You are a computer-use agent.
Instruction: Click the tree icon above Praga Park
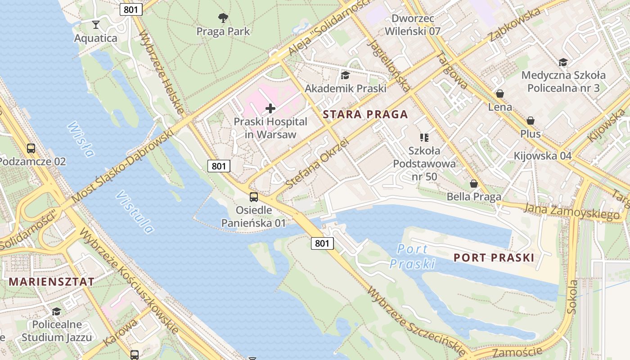click(x=223, y=18)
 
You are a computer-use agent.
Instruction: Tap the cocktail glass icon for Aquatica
click(x=95, y=24)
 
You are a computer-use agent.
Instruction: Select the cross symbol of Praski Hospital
click(x=270, y=108)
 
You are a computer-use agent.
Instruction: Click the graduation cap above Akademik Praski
click(x=345, y=75)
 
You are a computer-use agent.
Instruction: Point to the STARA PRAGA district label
click(x=365, y=114)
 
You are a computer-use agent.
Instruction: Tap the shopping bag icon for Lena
click(x=499, y=94)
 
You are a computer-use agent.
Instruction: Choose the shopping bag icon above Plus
click(x=531, y=121)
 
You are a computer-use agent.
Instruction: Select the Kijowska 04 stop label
click(x=543, y=156)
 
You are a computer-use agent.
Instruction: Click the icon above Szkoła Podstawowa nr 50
click(x=424, y=137)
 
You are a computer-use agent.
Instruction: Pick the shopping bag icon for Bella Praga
click(x=474, y=184)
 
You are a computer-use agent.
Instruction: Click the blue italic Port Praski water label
click(x=413, y=256)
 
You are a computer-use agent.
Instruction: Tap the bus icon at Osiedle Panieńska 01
click(x=254, y=197)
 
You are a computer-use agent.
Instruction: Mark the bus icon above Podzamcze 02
click(x=31, y=148)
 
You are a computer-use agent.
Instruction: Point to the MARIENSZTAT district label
click(x=52, y=282)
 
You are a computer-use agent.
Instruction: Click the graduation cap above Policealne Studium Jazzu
click(x=56, y=311)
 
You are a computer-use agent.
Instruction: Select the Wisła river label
click(x=81, y=139)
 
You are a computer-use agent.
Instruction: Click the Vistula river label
click(x=135, y=212)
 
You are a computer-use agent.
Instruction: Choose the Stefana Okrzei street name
click(x=318, y=163)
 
